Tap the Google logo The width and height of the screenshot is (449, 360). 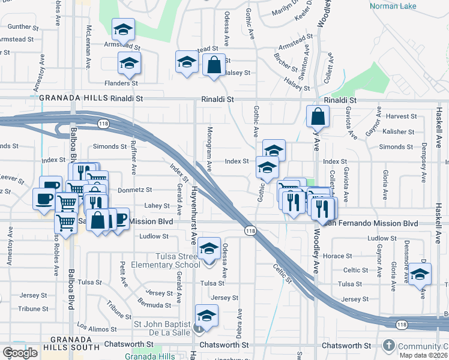click(20, 353)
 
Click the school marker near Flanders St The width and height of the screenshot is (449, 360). click(129, 62)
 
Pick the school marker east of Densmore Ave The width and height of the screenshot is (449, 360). click(420, 275)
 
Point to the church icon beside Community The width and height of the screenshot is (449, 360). click(389, 346)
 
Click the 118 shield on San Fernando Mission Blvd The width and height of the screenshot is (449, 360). click(250, 230)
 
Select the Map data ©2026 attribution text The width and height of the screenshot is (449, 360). click(423, 355)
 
